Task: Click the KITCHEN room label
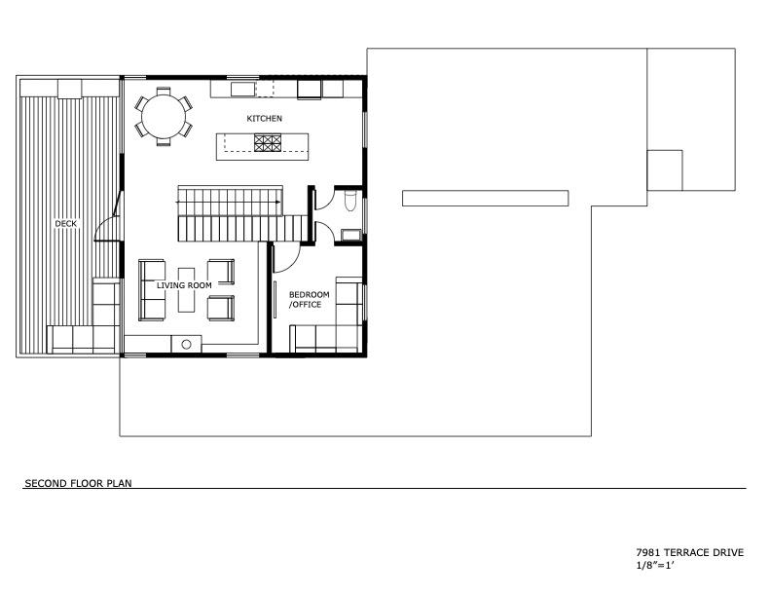click(x=264, y=118)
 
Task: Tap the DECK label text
click(x=65, y=223)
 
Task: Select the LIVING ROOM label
click(x=184, y=285)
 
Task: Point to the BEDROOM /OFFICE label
click(x=309, y=299)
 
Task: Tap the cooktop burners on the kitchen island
click(x=268, y=143)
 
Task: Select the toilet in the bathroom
click(x=349, y=202)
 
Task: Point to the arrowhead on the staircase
click(x=277, y=202)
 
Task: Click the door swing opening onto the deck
click(x=112, y=220)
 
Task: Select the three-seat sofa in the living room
click(x=152, y=289)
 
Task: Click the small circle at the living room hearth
click(x=185, y=343)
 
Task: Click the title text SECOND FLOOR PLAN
click(x=78, y=482)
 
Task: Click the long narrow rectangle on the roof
click(x=485, y=198)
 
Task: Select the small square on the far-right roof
click(x=664, y=169)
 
